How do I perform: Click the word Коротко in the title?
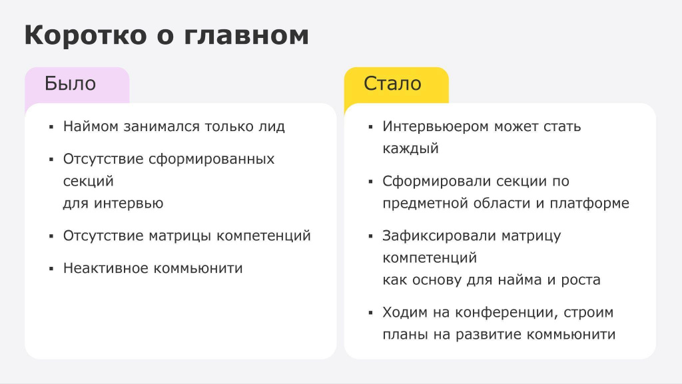click(x=86, y=35)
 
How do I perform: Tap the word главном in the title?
click(x=246, y=35)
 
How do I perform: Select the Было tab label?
click(x=70, y=83)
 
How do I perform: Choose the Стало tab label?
click(x=392, y=83)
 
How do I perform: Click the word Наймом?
click(x=91, y=126)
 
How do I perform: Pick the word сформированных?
click(x=211, y=159)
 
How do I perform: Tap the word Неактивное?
click(x=106, y=268)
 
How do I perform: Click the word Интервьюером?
click(x=436, y=126)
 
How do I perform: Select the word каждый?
click(x=410, y=148)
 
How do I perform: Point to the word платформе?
click(x=589, y=203)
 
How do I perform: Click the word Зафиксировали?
click(x=439, y=236)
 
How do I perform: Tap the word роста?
click(x=581, y=280)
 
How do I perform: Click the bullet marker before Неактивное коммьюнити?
click(x=51, y=269)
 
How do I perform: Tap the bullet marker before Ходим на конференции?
click(x=370, y=313)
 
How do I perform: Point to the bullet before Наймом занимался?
click(x=51, y=127)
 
